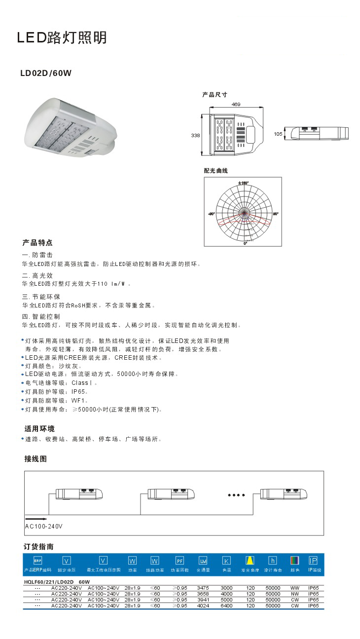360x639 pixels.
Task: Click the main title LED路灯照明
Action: pos(62,38)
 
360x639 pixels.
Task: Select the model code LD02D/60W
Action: pos(46,74)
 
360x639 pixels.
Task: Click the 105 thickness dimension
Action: pos(278,134)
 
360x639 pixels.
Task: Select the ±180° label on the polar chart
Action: pos(243,183)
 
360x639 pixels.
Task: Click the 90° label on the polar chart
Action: pos(276,214)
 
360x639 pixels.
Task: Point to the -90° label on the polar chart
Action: pos(211,214)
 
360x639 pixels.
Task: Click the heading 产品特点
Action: pos(37,243)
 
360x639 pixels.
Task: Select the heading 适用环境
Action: pos(39,428)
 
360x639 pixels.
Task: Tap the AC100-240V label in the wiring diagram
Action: pos(44,526)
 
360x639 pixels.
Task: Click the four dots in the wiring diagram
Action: pos(236,494)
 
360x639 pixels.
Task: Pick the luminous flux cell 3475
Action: pos(203,588)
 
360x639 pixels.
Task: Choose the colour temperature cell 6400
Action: pos(226,605)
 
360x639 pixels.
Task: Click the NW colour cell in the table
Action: pos(295,594)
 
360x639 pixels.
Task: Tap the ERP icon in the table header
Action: pos(37,561)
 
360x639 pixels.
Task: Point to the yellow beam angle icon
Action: pos(250,561)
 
